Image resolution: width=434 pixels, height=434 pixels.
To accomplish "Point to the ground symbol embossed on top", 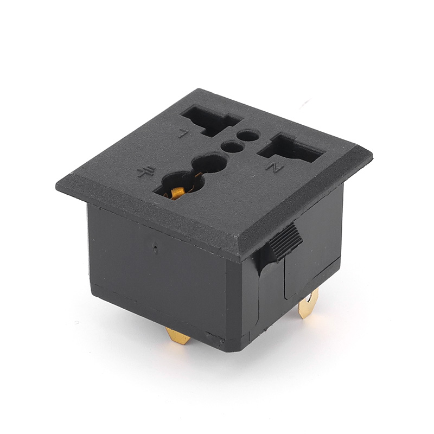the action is click(144, 173).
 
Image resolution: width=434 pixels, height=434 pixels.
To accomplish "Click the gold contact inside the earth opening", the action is click(177, 193).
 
